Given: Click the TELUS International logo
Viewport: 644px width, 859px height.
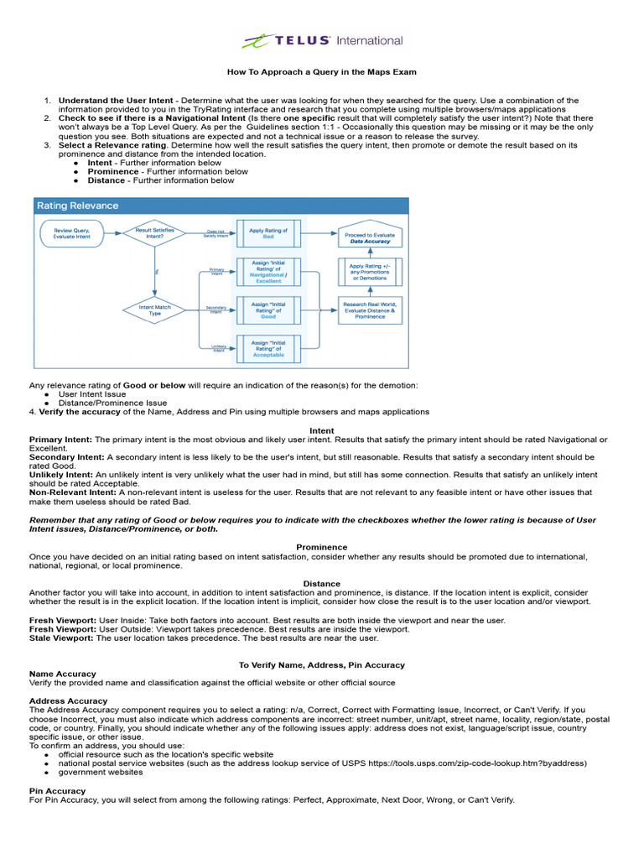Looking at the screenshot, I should coord(322,40).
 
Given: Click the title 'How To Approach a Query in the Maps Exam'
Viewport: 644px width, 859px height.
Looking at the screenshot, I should coord(322,72).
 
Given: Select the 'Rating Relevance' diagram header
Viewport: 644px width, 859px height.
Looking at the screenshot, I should coord(77,206).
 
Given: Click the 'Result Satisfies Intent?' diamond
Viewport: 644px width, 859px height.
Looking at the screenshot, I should coord(154,232).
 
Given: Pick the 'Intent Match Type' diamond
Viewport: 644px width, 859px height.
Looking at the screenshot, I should coord(154,310).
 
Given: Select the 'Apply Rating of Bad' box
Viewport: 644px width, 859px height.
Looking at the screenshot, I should coord(267,233).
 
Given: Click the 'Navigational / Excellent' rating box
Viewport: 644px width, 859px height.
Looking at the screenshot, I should coord(268,272).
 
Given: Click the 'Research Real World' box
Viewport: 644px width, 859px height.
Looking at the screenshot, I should coord(370,310).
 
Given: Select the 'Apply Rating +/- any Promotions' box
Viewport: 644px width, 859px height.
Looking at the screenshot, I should coord(370,272).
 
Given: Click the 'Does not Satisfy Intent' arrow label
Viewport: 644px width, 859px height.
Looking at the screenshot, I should coord(216,234).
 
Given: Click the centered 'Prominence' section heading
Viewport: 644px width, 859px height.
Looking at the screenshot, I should coord(322,547).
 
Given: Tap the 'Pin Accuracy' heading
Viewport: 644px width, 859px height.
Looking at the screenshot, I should coord(57,790).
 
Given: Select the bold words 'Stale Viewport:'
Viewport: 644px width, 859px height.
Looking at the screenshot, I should coord(62,638).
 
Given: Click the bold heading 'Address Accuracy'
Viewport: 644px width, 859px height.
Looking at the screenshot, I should coord(68,700).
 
